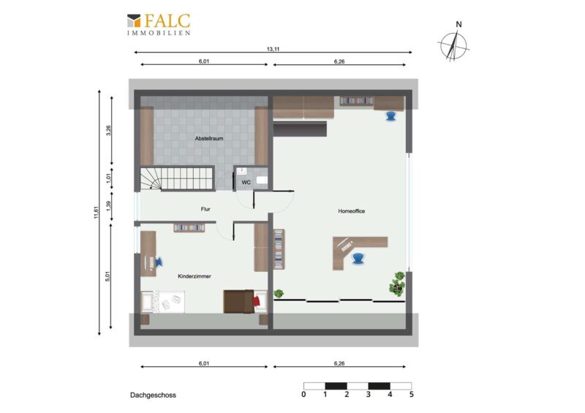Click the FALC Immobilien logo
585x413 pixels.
coord(159,24)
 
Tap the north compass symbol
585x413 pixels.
coord(453,43)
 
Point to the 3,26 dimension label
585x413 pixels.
coord(108,131)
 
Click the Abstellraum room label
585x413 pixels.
coord(209,138)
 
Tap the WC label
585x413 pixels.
coord(246,183)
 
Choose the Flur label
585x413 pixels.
coord(205,209)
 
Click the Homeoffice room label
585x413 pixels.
coord(352,211)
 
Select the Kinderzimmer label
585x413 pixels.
coord(195,276)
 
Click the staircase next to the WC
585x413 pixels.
coord(177,178)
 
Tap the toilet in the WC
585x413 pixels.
coord(263,181)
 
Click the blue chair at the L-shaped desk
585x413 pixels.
coord(358,258)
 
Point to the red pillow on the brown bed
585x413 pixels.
coord(256,300)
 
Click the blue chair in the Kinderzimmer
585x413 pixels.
coord(159,262)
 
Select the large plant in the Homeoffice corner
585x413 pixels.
coord(397,284)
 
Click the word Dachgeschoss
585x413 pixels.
coord(153,395)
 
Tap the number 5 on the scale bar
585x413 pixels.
coord(412,394)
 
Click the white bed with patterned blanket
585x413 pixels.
coord(162,302)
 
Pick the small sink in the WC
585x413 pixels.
coord(242,171)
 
